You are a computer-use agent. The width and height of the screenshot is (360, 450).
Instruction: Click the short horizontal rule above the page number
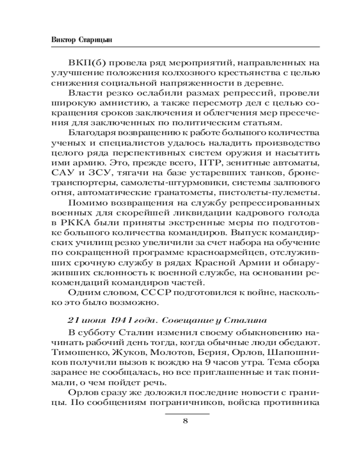tap(185, 413)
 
